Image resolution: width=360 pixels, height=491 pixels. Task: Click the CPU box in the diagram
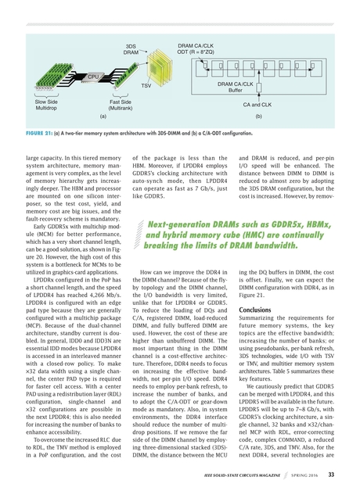tap(92, 76)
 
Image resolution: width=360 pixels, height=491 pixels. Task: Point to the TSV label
tap(146, 84)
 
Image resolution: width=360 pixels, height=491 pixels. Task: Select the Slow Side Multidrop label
tap(46, 106)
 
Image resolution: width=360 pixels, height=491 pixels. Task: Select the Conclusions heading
tap(255, 310)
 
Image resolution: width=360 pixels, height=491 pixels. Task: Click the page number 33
tap(332, 474)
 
